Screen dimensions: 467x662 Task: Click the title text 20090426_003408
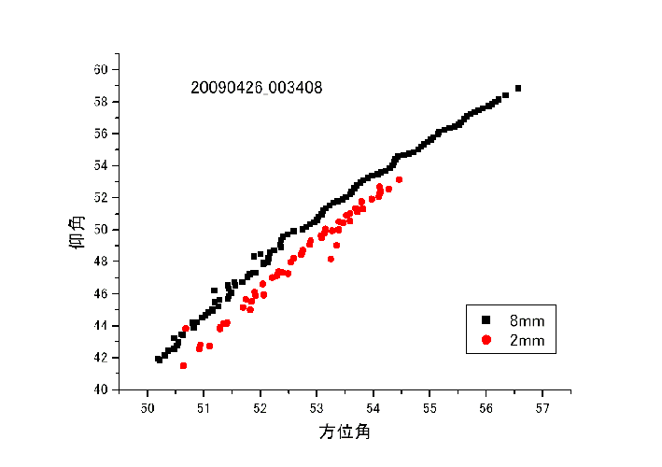click(x=257, y=89)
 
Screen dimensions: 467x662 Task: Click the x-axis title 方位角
click(x=345, y=432)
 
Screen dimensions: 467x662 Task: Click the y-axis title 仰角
click(x=78, y=230)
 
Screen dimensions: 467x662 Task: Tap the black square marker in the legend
click(x=486, y=320)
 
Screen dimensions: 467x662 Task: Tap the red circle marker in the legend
click(x=486, y=341)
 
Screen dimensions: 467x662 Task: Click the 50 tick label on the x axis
click(x=148, y=408)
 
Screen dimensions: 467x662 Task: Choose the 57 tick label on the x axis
click(x=542, y=408)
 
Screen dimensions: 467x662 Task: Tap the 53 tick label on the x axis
click(x=317, y=408)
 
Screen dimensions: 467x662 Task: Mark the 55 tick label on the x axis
click(x=430, y=408)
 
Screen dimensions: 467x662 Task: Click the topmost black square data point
click(x=518, y=88)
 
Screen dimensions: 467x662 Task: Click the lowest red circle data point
click(x=183, y=365)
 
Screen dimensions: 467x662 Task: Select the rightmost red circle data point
click(x=399, y=179)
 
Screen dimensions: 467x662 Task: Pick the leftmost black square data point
click(x=159, y=359)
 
